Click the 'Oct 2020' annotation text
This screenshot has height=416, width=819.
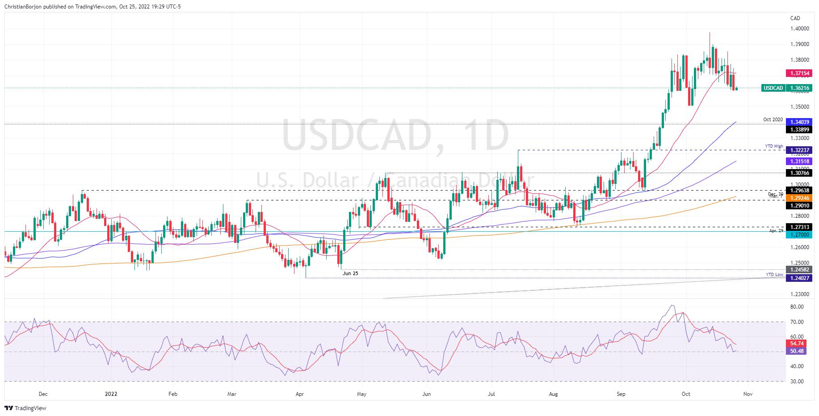(773, 120)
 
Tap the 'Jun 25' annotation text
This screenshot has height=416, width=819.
(350, 273)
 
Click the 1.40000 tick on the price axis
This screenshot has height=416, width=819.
(799, 28)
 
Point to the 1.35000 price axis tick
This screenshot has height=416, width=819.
(799, 106)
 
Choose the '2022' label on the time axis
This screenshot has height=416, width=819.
(111, 394)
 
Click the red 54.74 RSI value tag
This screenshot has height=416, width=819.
(798, 344)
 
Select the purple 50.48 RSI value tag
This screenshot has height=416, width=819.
(798, 351)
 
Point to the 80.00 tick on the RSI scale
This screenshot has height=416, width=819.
(797, 307)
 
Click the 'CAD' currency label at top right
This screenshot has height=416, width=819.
(795, 18)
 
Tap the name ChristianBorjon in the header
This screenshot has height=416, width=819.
(24, 7)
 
